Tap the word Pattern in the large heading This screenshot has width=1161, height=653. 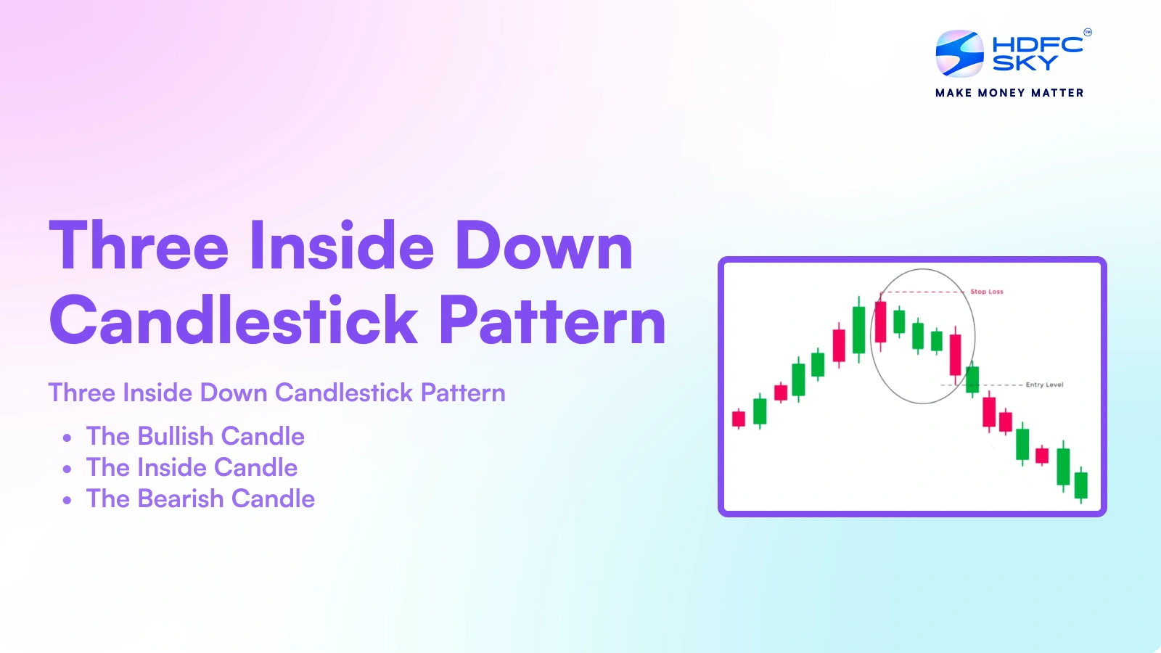pyautogui.click(x=552, y=321)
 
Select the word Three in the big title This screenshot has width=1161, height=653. pyautogui.click(x=139, y=247)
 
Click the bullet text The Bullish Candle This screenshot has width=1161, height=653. pyautogui.click(x=195, y=436)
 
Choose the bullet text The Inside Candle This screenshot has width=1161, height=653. pyautogui.click(x=192, y=467)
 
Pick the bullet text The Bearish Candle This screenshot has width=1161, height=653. pyautogui.click(x=200, y=498)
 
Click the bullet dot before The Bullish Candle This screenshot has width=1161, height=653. pyautogui.click(x=67, y=438)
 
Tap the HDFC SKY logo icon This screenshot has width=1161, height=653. pyautogui.click(x=959, y=54)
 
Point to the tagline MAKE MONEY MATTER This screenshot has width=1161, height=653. pyautogui.click(x=1009, y=93)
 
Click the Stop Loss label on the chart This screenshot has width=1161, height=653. pyautogui.click(x=987, y=292)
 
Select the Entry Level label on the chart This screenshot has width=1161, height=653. pyautogui.click(x=1044, y=385)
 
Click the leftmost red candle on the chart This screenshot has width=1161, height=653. pyautogui.click(x=739, y=419)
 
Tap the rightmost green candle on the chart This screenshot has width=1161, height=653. pyautogui.click(x=1080, y=485)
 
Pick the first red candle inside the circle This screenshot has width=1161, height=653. pyautogui.click(x=880, y=322)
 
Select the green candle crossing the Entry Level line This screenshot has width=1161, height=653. pyautogui.click(x=972, y=379)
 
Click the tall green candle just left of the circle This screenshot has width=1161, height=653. pyautogui.click(x=858, y=330)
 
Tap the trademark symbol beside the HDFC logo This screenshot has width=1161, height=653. pyautogui.click(x=1087, y=32)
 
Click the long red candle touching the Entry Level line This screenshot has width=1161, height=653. pyautogui.click(x=955, y=355)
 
